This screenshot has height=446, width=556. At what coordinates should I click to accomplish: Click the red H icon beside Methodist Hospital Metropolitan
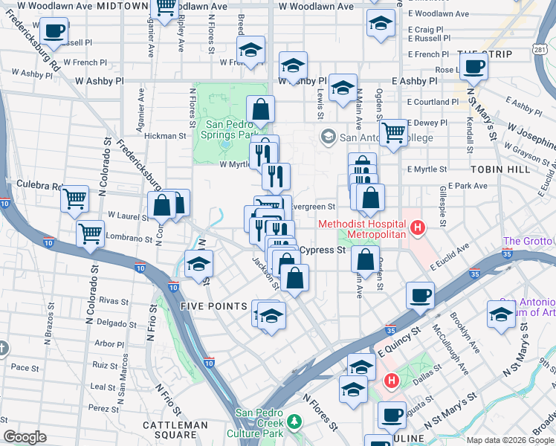click(418, 227)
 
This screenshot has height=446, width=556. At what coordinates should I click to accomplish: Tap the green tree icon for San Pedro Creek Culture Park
click(295, 421)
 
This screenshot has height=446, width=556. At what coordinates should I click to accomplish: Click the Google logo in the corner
click(25, 437)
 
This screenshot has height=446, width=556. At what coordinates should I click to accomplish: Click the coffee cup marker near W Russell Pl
click(53, 31)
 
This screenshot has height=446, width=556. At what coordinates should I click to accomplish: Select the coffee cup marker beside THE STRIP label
click(473, 67)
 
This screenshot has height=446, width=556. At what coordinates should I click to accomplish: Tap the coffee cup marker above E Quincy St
click(420, 295)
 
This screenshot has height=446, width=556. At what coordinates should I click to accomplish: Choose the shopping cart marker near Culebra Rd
click(75, 198)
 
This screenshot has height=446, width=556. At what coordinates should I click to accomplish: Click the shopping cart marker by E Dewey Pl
click(393, 132)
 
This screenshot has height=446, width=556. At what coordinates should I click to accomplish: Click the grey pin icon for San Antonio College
click(328, 137)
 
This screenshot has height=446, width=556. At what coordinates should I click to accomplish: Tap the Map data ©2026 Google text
click(510, 439)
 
